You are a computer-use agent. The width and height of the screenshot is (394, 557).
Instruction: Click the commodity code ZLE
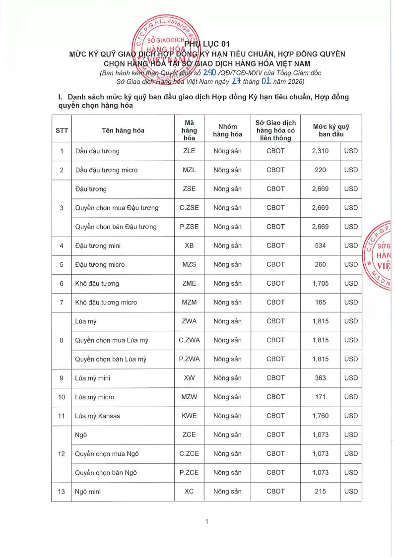[x=189, y=151]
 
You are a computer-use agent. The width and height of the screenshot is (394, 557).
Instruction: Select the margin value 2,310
[x=321, y=151]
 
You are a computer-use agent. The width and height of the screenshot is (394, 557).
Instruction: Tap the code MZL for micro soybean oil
[x=189, y=170]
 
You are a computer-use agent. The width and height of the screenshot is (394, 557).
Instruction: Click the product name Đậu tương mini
[x=98, y=246]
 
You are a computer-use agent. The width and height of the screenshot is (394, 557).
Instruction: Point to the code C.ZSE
[x=189, y=208]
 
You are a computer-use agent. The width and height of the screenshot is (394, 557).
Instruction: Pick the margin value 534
[x=321, y=246]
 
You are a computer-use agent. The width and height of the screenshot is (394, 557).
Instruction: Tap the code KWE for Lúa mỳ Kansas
[x=189, y=416]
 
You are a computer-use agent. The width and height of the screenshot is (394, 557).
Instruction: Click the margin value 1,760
[x=321, y=416]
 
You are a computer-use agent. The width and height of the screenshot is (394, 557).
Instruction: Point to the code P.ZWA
[x=189, y=359]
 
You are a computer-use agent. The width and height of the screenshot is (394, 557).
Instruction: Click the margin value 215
[x=321, y=492]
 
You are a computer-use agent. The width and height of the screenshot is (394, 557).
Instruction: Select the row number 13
[x=62, y=492]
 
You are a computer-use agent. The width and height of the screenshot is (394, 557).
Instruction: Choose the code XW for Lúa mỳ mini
[x=189, y=378]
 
